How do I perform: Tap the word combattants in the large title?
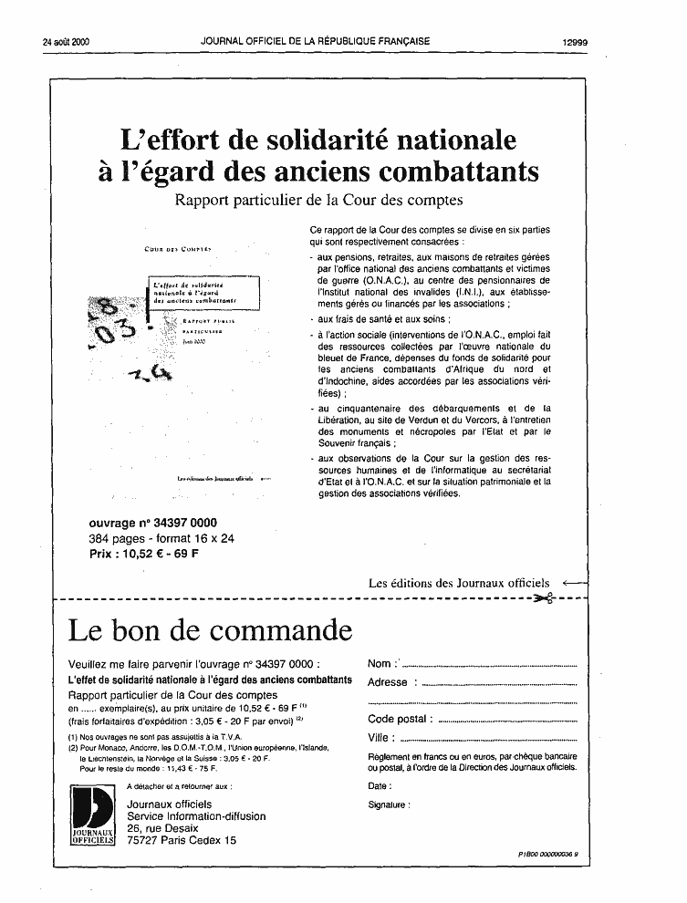451,171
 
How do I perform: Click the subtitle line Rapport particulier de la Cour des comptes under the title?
319,200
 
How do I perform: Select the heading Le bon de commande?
211,630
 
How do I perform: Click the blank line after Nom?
490,665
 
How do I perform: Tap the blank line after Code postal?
508,720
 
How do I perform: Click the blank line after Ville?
489,738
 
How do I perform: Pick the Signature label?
389,804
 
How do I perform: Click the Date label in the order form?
379,785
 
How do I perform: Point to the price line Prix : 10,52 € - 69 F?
144,553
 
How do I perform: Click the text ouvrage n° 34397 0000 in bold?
153,524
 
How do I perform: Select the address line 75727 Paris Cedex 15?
182,840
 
